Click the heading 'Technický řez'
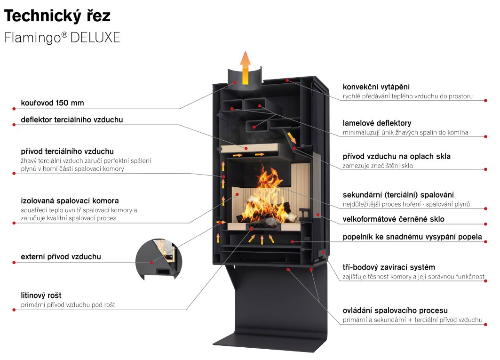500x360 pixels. (x=57, y=16)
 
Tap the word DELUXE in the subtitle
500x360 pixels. (x=95, y=38)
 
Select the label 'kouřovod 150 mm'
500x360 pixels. (x=52, y=103)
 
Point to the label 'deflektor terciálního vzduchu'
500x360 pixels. (x=72, y=120)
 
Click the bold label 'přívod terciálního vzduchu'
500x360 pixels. (x=67, y=151)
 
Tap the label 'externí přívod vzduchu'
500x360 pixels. (x=61, y=256)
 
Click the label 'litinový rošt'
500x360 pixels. (x=41, y=295)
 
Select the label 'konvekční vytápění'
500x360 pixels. (x=376, y=87)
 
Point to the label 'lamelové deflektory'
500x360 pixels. (x=377, y=123)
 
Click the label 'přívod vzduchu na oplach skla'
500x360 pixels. (x=397, y=156)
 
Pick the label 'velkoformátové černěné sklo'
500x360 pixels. (x=394, y=219)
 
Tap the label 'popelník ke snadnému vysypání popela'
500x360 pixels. (x=413, y=237)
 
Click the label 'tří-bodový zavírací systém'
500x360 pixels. (x=389, y=267)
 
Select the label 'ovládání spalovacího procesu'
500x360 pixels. (x=395, y=310)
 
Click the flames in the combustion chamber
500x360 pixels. (x=265, y=198)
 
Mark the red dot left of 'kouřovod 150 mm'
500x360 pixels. (x=14, y=109)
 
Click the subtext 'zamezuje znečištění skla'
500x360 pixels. (x=378, y=166)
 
